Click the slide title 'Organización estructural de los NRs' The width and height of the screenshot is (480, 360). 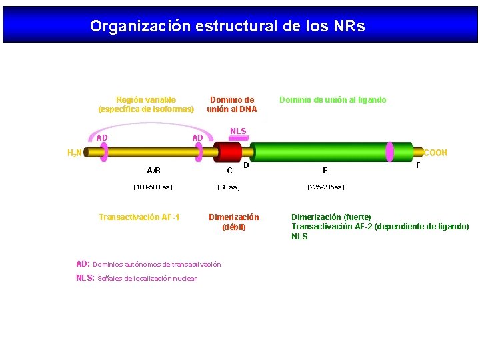tap(227, 26)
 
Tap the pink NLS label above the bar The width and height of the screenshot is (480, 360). tap(238, 131)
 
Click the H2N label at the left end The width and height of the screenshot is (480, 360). tap(75, 153)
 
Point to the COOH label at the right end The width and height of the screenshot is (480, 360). tap(435, 153)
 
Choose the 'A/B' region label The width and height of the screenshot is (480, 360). tap(153, 171)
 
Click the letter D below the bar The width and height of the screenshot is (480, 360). tap(246, 165)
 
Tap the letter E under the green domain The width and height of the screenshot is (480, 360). tap(325, 171)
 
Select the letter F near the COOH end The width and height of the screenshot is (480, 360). tap(418, 164)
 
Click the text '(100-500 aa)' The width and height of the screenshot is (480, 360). tap(153, 187)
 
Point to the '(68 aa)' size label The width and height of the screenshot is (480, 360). tap(229, 187)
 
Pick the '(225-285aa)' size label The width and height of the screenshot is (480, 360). tap(325, 187)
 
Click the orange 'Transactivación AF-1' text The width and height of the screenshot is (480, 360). tap(139, 217)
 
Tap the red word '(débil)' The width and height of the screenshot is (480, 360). tap(233, 227)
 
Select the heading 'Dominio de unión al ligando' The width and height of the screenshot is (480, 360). tap(332, 100)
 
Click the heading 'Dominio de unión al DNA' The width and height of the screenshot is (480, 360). tap(231, 105)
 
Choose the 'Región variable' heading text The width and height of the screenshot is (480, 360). tap(146, 100)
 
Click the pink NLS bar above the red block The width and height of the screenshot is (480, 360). tap(238, 138)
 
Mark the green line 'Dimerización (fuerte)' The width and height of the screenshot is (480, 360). tap(331, 217)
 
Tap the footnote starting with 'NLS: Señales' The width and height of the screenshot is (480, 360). tap(137, 278)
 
